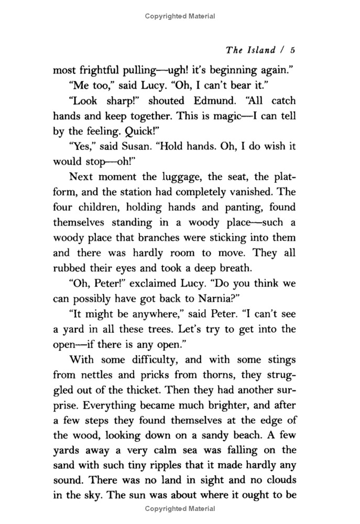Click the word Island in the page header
258,50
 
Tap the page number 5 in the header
293,50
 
